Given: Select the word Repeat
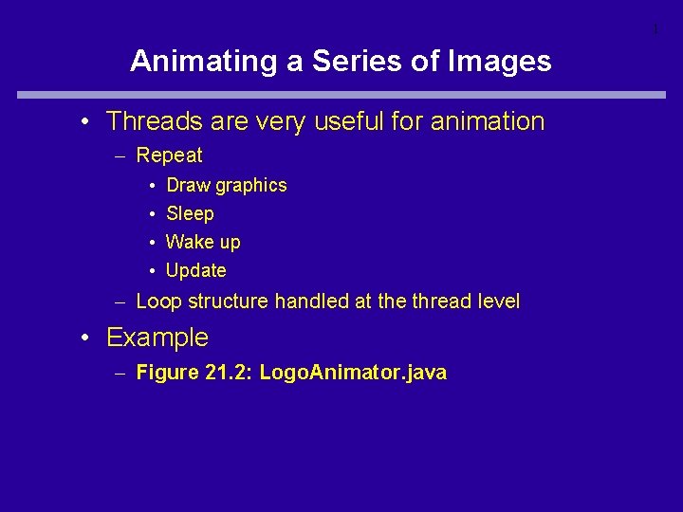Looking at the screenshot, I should pyautogui.click(x=169, y=155).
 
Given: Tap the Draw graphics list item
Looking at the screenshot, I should pyautogui.click(x=226, y=185).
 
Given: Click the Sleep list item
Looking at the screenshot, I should pyautogui.click(x=190, y=213).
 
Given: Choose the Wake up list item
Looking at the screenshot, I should pyautogui.click(x=203, y=242).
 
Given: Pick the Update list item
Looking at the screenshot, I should pyautogui.click(x=195, y=270).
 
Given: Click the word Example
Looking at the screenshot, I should pyautogui.click(x=157, y=338).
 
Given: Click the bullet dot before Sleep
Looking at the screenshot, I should pyautogui.click(x=152, y=214).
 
